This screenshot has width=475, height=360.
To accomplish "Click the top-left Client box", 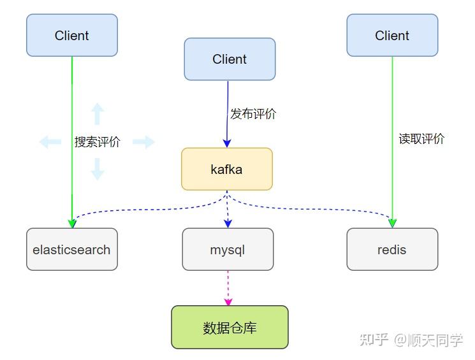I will (71, 36).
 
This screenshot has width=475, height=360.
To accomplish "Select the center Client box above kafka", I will (230, 59).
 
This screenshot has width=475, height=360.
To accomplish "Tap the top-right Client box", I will (392, 36).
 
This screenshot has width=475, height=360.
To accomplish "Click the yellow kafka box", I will (226, 169).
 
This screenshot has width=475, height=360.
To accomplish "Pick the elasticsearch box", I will (71, 250).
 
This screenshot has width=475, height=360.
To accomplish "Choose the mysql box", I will (228, 250).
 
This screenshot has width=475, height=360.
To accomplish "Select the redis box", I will (392, 250).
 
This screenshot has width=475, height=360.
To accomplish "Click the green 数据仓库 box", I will (230, 328).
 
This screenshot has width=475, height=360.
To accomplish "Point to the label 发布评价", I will (253, 114).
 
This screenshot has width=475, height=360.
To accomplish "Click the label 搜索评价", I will (97, 142).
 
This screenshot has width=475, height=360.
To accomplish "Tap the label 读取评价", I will (421, 139).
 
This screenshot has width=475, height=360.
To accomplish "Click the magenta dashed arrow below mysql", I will (228, 288).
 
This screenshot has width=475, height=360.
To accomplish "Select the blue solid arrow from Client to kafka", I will (227, 108).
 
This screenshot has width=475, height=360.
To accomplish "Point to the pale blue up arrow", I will (97, 113).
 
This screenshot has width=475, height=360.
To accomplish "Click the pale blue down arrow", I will (97, 169).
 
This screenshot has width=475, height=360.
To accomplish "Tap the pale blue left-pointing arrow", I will (50, 142).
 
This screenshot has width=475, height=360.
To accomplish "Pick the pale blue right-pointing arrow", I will (144, 142).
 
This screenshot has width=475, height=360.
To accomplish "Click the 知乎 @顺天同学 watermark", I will (411, 340).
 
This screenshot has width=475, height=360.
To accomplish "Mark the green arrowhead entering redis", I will (393, 222).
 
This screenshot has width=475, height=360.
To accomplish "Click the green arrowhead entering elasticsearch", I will (71, 222).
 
